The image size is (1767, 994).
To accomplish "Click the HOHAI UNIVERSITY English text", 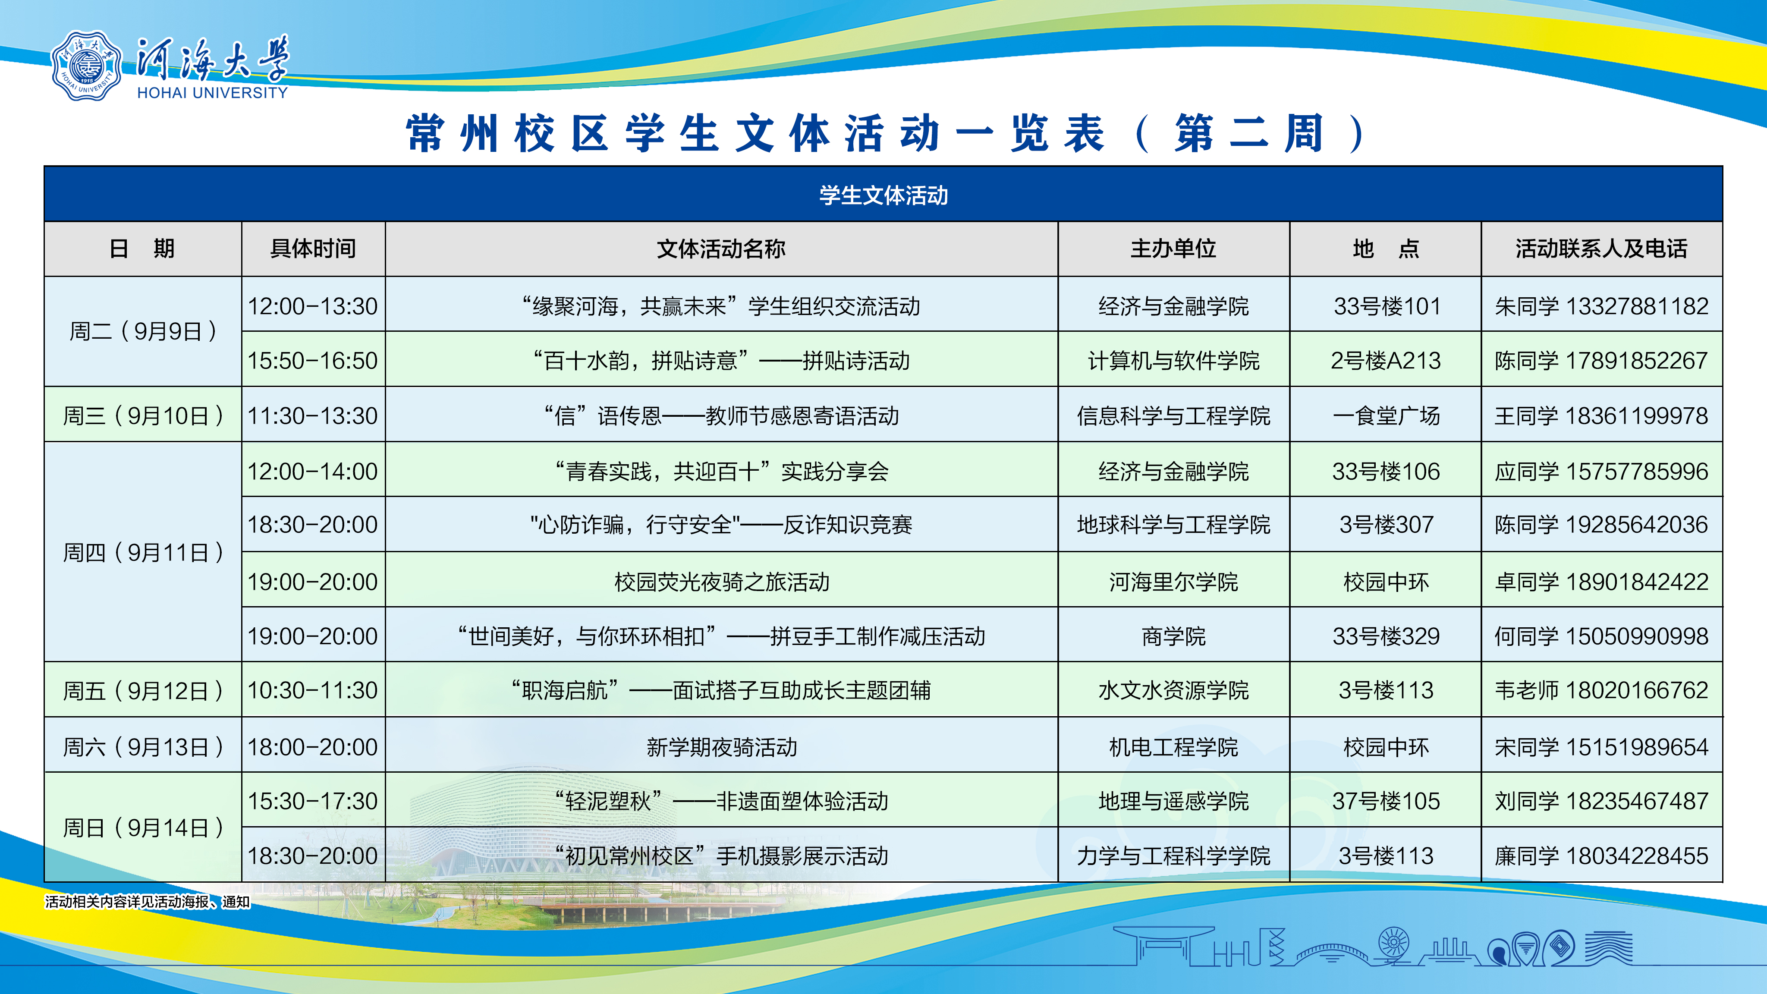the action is point(213,93).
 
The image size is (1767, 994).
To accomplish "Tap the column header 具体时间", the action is point(313,248).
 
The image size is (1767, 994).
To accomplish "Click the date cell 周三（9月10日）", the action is point(143,416).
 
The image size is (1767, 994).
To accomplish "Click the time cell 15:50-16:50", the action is point(313,361).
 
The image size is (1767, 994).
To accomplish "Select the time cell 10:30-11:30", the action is point(313,690).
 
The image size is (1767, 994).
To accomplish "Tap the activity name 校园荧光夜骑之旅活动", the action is point(722,582).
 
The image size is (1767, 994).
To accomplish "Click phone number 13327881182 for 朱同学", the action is point(1637,306).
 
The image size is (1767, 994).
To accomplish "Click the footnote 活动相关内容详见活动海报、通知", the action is point(148,901).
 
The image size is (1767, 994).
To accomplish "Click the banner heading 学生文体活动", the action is point(883,195).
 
